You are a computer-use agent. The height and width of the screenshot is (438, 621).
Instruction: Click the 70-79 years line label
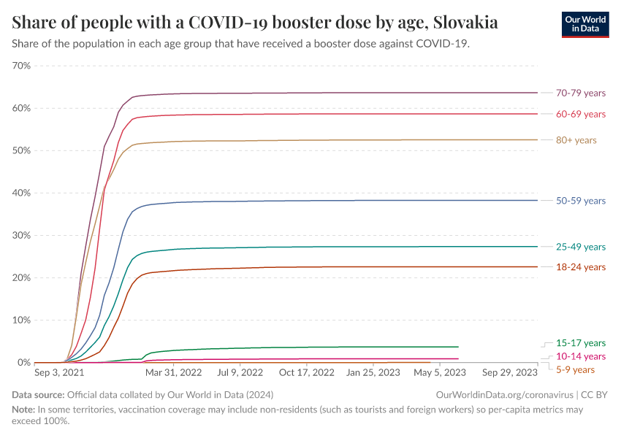581,93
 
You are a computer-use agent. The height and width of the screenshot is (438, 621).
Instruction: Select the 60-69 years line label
581,114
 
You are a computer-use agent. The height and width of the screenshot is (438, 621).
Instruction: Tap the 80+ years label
576,140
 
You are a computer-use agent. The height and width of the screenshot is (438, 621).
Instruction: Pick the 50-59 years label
581,201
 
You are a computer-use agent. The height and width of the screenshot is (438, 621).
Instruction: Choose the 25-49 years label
581,247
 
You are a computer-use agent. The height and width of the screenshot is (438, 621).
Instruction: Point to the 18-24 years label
581,267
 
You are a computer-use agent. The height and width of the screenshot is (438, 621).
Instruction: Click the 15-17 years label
581,342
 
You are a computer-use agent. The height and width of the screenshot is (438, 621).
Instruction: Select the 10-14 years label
581,356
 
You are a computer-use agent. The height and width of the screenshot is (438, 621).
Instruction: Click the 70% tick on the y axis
21,66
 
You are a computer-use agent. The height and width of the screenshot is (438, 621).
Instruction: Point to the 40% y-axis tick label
21,193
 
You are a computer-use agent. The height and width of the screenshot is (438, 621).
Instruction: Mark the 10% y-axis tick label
21,320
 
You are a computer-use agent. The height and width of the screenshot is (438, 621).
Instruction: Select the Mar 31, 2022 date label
173,372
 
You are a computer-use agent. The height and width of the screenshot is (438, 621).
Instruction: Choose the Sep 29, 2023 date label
507,372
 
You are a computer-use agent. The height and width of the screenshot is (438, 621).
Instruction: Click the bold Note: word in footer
23,410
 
